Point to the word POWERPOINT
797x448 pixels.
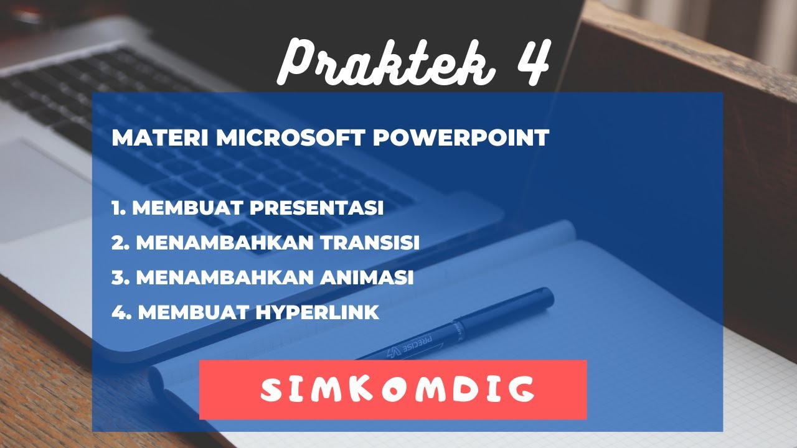tap(461, 138)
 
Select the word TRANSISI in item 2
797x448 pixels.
tap(370, 243)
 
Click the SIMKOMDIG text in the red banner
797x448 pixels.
tap(397, 390)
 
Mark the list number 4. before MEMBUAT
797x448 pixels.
tap(121, 312)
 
